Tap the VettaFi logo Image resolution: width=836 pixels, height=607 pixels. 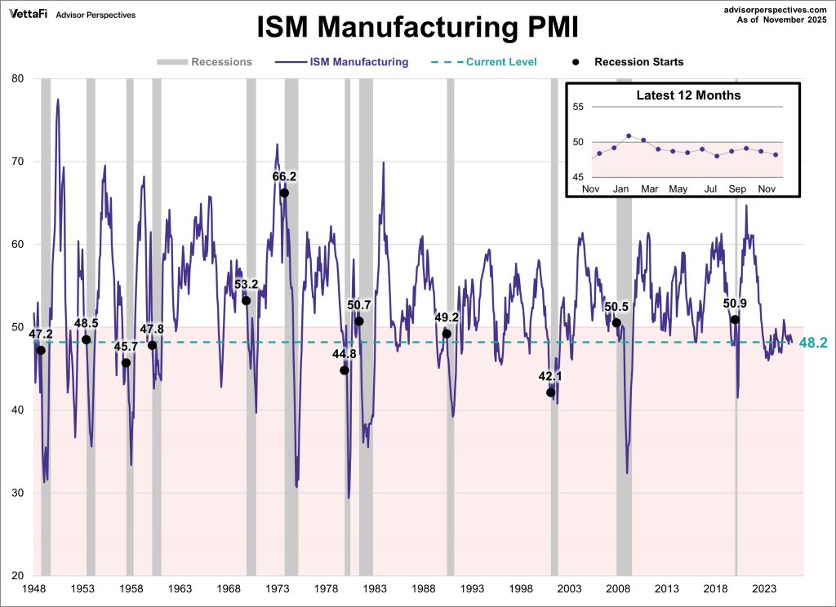pos(27,14)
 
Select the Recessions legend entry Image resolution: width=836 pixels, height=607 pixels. pos(204,62)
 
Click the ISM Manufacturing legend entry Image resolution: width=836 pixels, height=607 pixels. pos(342,62)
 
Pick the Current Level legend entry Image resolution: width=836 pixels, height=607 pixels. pos(490,62)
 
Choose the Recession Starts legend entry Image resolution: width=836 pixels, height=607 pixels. pos(629,62)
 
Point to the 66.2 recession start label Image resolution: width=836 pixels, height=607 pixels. pos(284,176)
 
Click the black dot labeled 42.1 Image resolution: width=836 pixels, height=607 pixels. pos(551,392)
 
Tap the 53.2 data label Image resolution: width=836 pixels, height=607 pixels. pos(247,285)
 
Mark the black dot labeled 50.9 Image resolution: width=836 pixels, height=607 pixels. pos(735,320)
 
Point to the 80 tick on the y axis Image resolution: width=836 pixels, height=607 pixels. pos(17,79)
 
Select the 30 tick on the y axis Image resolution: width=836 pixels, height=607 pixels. pos(17,494)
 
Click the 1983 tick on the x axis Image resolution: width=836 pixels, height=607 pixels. pos(375,588)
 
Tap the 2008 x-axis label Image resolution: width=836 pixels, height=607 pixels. pos(618,588)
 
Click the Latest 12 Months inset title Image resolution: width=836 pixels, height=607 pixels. pos(688,95)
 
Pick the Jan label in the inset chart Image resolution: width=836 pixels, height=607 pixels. pos(620,189)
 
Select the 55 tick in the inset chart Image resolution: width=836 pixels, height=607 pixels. pos(578,107)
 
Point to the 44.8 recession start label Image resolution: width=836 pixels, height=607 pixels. pos(344,355)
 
